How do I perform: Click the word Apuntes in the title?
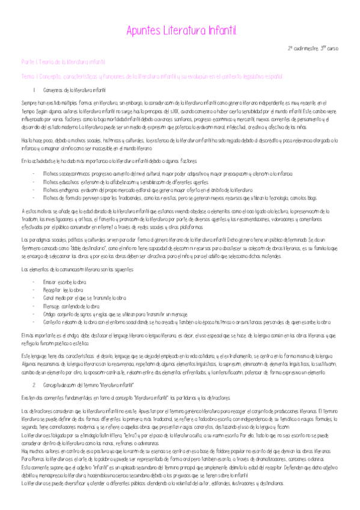(x=142, y=29)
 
